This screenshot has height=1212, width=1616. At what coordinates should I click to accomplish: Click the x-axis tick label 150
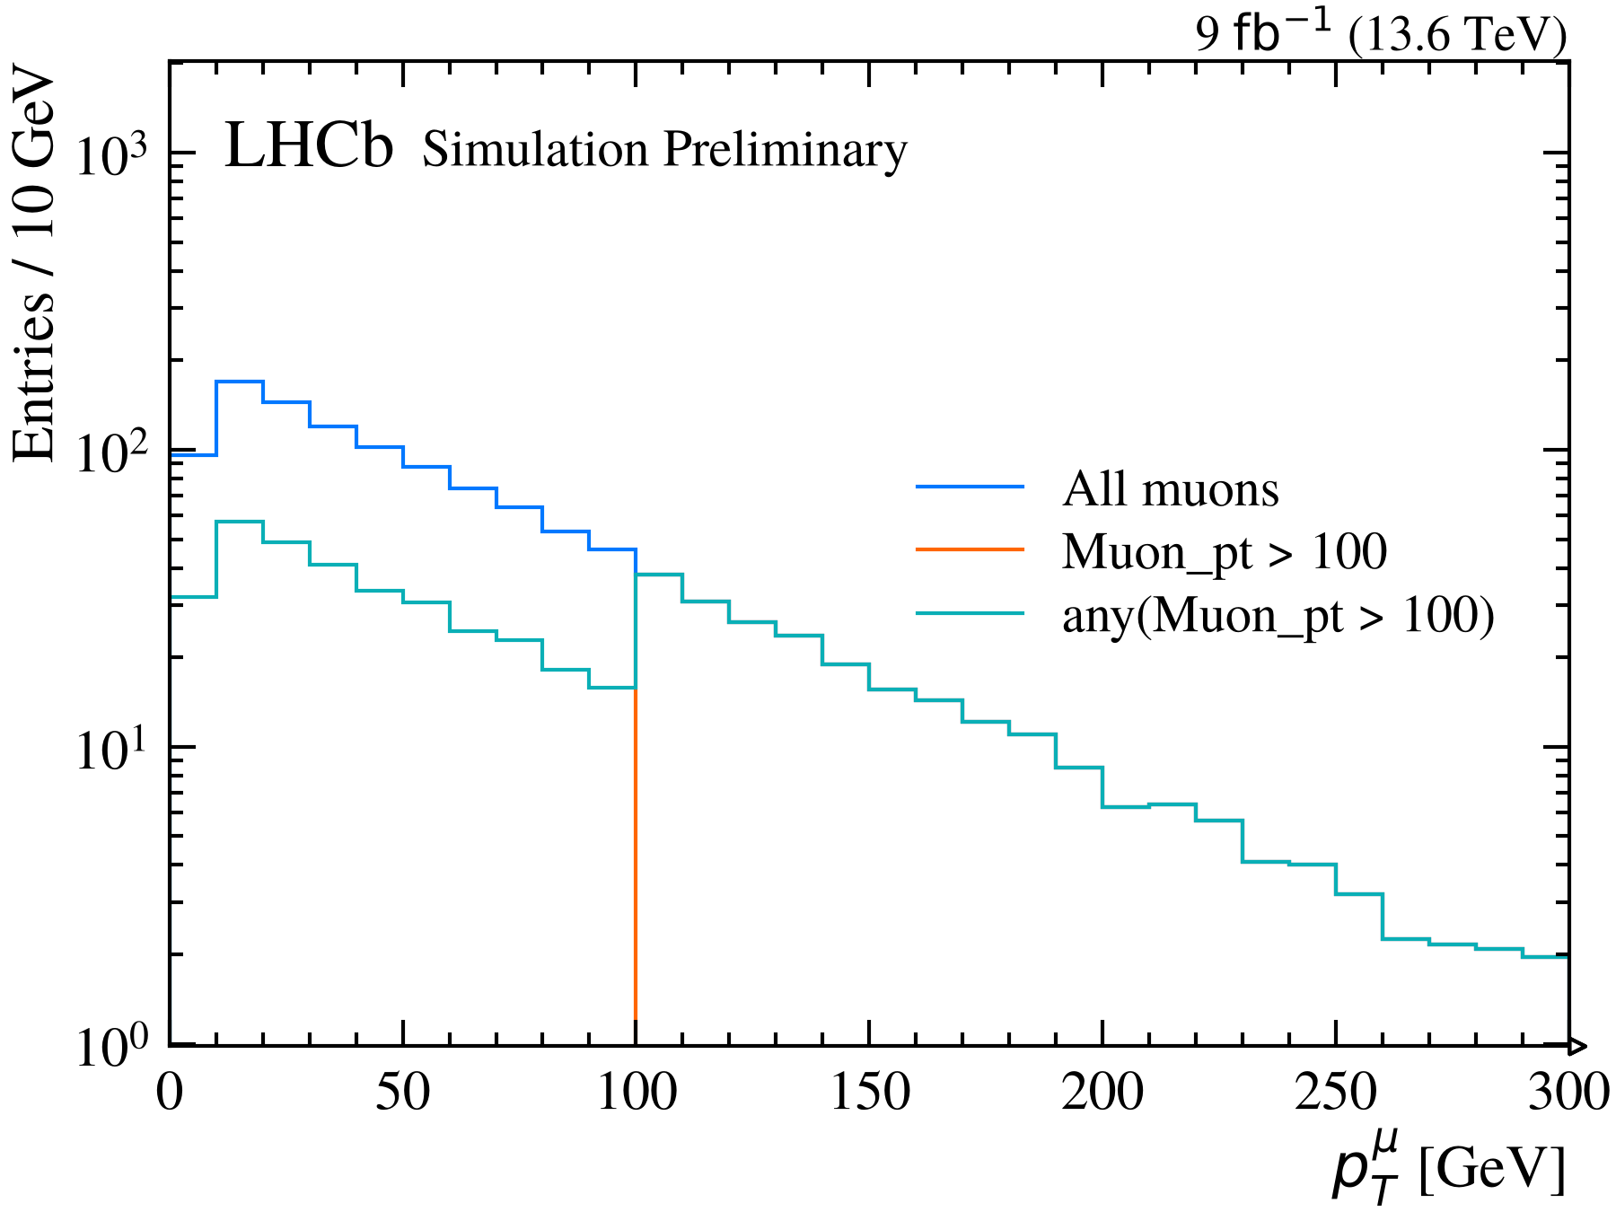(869, 1093)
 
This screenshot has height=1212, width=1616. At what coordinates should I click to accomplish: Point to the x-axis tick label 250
(1336, 1093)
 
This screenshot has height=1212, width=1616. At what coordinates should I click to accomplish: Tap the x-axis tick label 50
(403, 1093)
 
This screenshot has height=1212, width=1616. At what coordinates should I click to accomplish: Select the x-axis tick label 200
(1102, 1093)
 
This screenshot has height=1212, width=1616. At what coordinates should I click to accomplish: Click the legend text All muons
(1171, 489)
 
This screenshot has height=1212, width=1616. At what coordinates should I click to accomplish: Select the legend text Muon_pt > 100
(1225, 551)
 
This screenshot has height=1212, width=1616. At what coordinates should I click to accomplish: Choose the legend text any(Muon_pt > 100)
(1278, 616)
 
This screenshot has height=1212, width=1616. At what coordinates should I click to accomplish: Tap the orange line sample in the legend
(970, 549)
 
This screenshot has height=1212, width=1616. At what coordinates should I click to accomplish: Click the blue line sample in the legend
(970, 487)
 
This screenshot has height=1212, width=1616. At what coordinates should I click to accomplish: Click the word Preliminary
(786, 150)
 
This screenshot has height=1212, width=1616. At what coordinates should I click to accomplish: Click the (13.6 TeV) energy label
(1456, 37)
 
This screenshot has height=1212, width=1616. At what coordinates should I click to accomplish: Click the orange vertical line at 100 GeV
(636, 854)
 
